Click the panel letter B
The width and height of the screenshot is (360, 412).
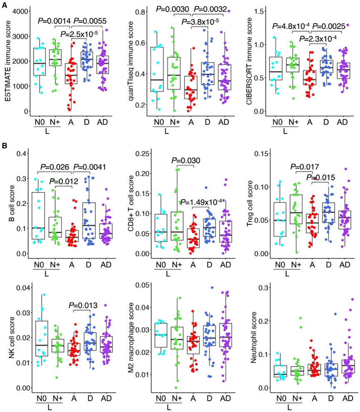(x=5, y=147)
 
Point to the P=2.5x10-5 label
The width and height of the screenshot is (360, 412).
(x=79, y=34)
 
